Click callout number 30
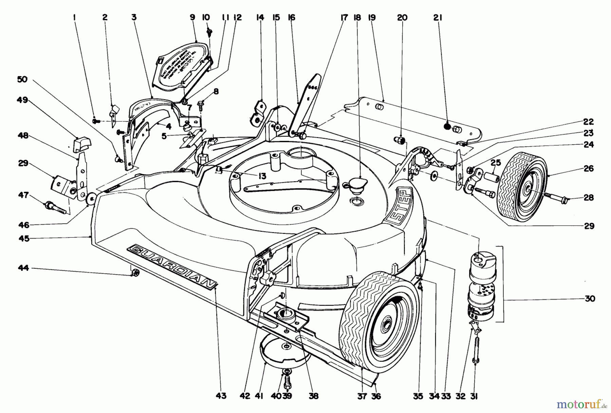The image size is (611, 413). tap(590, 299)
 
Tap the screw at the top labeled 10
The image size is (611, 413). tap(209, 33)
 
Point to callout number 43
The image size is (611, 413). tap(221, 396)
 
